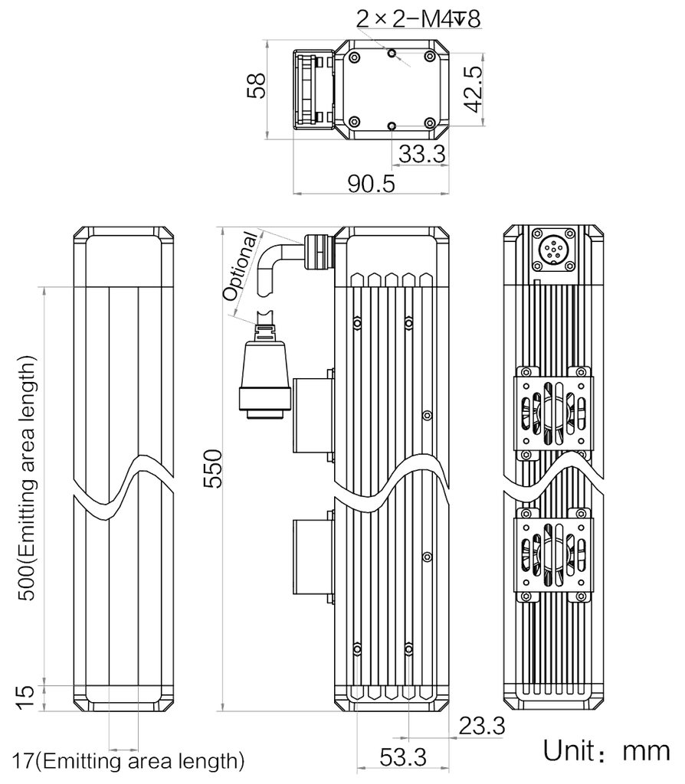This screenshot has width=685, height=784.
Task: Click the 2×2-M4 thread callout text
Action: pyautogui.click(x=418, y=19)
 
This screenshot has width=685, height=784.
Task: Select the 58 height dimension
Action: pyautogui.click(x=257, y=86)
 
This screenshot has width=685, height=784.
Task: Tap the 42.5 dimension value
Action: pyautogui.click(x=473, y=89)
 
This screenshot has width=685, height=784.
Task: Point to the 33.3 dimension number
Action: pyautogui.click(x=421, y=153)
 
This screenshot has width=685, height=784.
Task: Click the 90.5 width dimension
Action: pyautogui.click(x=372, y=184)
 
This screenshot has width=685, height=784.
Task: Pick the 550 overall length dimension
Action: pyautogui.click(x=213, y=469)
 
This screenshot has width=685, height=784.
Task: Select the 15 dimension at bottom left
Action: pyautogui.click(x=26, y=697)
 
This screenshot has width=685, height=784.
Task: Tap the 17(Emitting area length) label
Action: pyautogui.click(x=129, y=761)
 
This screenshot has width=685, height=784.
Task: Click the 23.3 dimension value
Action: pyautogui.click(x=482, y=726)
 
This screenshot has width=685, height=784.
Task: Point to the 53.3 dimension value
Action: pyautogui.click(x=403, y=757)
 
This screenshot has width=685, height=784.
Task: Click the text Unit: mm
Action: pyautogui.click(x=606, y=751)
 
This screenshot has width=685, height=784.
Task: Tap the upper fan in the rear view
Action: pyautogui.click(x=553, y=413)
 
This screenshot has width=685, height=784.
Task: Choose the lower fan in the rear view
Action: pyautogui.click(x=553, y=555)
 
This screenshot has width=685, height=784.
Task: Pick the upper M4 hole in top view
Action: pyautogui.click(x=392, y=53)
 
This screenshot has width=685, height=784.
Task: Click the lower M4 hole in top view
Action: pyautogui.click(x=392, y=126)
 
